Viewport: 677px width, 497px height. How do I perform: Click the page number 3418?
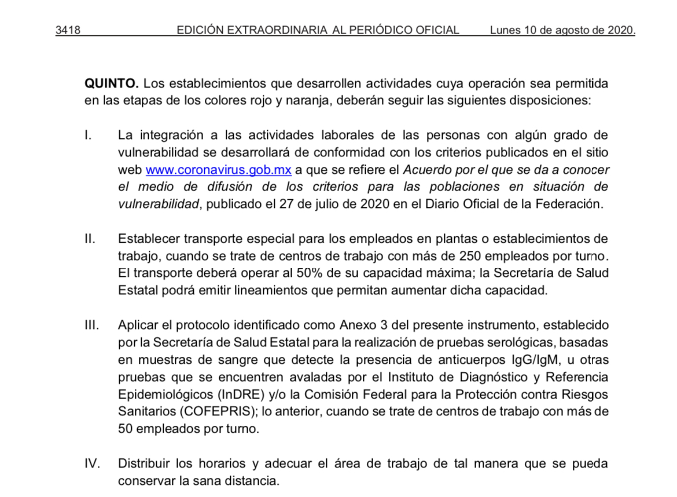click(67, 30)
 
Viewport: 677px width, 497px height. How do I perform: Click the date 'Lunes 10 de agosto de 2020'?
click(562, 30)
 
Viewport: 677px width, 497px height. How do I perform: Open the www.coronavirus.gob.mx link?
click(218, 170)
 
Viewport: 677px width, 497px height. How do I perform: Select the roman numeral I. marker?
click(88, 136)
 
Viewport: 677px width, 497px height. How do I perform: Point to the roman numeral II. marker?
click(90, 239)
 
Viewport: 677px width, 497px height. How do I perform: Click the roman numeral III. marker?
click(92, 325)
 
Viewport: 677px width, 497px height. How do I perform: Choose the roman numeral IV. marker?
click(92, 464)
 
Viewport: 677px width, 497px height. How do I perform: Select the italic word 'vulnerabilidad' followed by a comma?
click(158, 204)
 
